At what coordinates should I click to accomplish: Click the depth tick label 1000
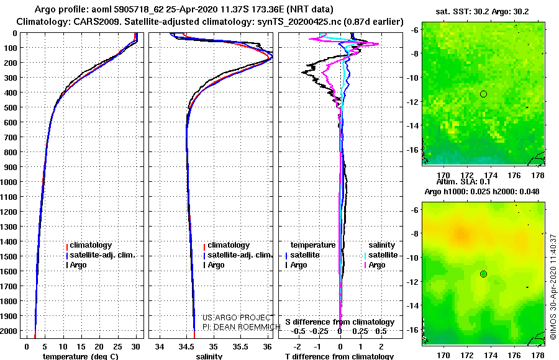[8, 182]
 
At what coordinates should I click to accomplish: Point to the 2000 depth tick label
[8, 331]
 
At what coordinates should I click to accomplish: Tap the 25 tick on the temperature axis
[117, 347]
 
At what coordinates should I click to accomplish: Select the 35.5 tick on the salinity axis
[240, 347]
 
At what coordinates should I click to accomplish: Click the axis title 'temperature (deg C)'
[81, 356]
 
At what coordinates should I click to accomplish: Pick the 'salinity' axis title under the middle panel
[209, 356]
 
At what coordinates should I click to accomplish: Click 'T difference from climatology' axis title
[339, 356]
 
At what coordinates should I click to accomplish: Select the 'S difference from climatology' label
[340, 322]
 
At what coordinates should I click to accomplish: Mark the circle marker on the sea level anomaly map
[483, 274]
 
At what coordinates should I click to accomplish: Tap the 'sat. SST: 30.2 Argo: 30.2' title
[482, 12]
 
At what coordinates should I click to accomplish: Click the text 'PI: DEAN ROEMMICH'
[242, 327]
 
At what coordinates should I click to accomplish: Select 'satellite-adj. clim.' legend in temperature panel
[101, 255]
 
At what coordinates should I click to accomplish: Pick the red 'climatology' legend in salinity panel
[227, 245]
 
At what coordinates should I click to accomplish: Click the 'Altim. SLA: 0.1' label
[463, 181]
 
